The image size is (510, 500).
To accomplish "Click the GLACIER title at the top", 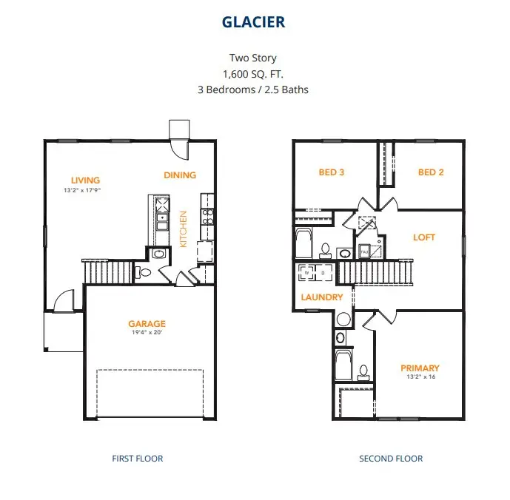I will click(254, 22).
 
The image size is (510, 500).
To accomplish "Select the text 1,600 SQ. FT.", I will click(254, 74).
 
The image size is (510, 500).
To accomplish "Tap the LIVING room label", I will click(85, 180).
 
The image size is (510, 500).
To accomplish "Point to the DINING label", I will click(180, 175).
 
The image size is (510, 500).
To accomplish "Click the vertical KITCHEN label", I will click(184, 229).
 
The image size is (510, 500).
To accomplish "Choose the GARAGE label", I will click(147, 323).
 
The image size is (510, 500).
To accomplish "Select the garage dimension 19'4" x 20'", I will click(147, 333).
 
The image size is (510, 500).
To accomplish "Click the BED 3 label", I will click(331, 172).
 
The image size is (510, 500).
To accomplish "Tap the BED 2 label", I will click(431, 172).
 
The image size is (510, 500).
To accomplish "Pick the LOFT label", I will click(424, 237).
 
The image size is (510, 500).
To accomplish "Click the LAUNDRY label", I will click(322, 297).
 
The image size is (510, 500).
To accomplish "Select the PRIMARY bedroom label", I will click(420, 368).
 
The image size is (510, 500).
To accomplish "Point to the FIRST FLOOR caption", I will click(137, 459).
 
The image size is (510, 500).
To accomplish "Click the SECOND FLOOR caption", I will click(391, 459).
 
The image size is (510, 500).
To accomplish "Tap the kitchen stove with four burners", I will click(208, 217).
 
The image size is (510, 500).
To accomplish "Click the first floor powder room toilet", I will click(145, 273).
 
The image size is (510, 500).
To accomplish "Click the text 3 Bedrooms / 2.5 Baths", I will click(254, 89).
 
